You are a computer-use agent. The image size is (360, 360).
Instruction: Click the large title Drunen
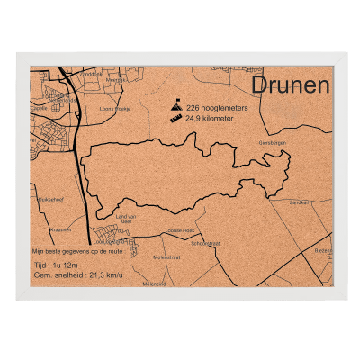click(x=290, y=85)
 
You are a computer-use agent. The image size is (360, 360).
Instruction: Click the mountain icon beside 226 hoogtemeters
click(x=176, y=105)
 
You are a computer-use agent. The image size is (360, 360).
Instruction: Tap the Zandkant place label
click(x=301, y=202)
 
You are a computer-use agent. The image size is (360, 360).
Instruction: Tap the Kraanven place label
click(x=61, y=229)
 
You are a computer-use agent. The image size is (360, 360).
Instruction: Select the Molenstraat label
click(x=166, y=257)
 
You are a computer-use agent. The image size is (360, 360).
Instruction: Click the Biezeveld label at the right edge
click(x=324, y=252)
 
